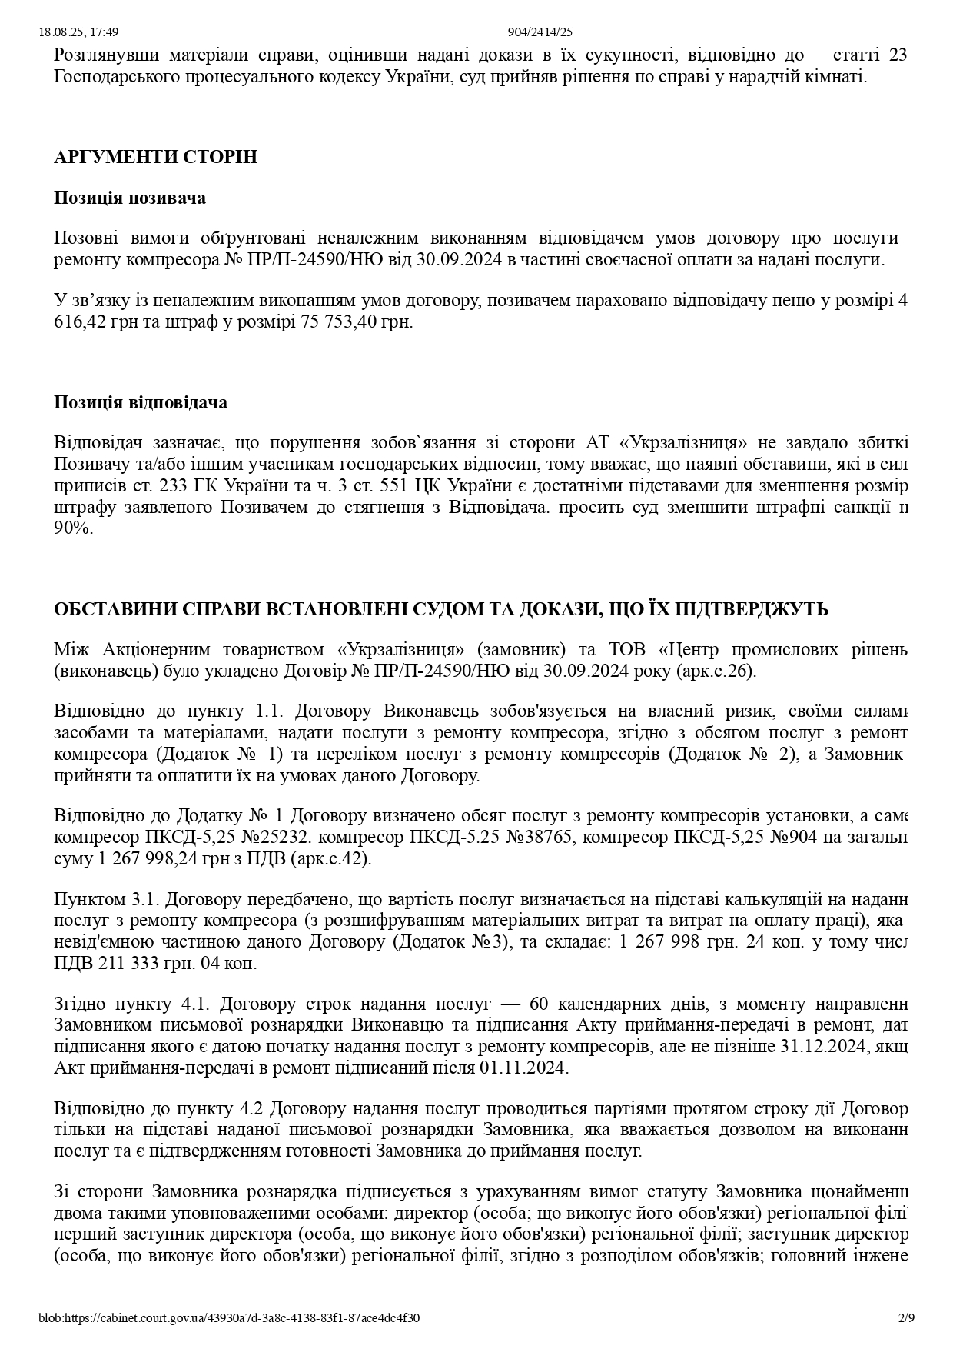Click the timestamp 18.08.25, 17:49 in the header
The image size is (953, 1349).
tap(78, 32)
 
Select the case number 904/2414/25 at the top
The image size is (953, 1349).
tap(540, 32)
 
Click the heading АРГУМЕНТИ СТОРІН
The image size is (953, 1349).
tap(155, 157)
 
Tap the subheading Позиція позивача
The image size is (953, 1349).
tap(130, 198)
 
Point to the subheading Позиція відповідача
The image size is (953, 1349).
tap(141, 402)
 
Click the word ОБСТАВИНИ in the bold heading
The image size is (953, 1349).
tap(114, 610)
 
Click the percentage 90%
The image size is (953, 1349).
tap(73, 529)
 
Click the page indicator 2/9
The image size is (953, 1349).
tap(907, 1318)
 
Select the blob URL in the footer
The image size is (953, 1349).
tap(229, 1318)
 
